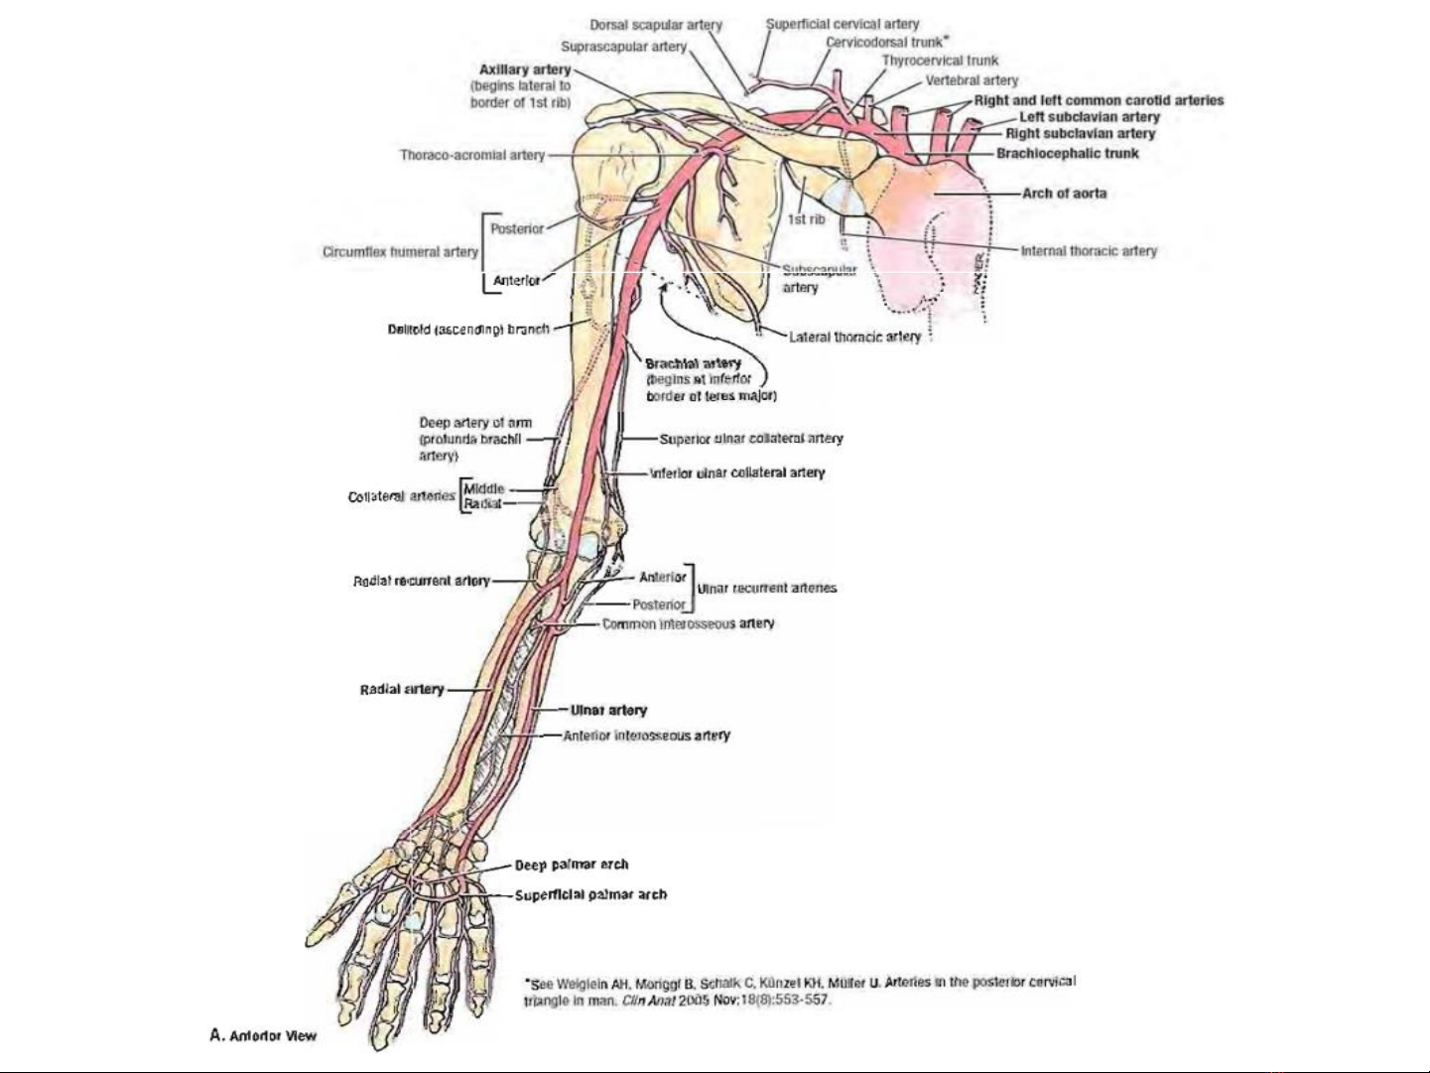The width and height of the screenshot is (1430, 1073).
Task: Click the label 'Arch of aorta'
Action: [1064, 194]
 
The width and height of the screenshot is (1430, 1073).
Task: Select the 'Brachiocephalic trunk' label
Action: [1068, 154]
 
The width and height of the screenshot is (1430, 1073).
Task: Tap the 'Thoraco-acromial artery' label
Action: [472, 155]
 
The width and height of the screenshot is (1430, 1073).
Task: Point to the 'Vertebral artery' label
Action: [972, 80]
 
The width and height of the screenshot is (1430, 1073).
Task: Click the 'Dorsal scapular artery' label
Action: [656, 25]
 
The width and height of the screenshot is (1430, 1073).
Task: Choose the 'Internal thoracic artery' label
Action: [1089, 251]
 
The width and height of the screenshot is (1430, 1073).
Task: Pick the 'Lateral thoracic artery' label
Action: [854, 337]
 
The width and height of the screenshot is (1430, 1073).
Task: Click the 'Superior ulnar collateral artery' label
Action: [751, 438]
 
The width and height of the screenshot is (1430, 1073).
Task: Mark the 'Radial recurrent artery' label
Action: [422, 581]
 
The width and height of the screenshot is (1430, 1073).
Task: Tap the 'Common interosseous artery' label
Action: [688, 623]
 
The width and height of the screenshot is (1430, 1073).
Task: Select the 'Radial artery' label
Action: [402, 689]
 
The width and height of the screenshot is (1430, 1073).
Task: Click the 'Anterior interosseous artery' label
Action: [646, 736]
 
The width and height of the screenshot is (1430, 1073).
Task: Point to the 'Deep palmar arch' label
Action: [571, 865]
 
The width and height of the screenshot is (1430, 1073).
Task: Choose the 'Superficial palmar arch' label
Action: [590, 894]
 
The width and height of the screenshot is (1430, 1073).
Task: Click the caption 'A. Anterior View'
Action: [263, 1035]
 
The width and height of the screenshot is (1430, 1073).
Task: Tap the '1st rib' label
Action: [806, 219]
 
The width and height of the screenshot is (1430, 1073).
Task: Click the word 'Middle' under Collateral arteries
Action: [484, 488]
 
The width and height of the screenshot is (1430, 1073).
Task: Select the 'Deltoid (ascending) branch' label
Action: [468, 329]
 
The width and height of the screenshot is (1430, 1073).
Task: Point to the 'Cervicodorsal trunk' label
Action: [884, 43]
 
